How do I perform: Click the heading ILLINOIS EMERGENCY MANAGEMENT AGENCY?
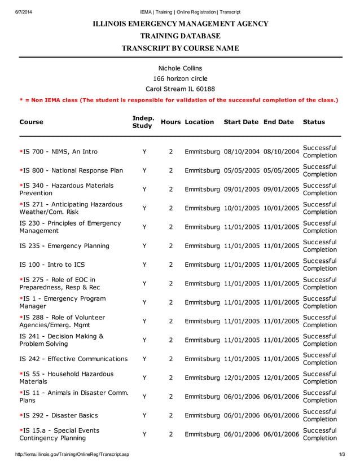click(x=180, y=24)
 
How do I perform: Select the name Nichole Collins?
click(x=180, y=68)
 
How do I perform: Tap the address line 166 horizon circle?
click(x=180, y=78)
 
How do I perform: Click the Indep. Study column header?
click(x=143, y=122)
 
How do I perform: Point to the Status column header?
click(x=314, y=122)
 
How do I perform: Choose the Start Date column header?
click(x=241, y=122)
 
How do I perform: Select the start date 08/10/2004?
click(x=242, y=152)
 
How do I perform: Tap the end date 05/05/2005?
click(x=281, y=170)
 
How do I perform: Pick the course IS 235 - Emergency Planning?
click(x=64, y=246)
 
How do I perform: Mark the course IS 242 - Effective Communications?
click(x=73, y=359)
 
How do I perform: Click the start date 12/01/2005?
click(x=242, y=377)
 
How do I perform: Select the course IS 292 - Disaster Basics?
click(x=59, y=415)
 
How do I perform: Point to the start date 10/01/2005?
click(x=242, y=208)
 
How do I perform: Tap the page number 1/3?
click(x=342, y=454)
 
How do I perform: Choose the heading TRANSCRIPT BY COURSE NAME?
click(x=180, y=48)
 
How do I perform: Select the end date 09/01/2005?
click(x=281, y=190)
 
